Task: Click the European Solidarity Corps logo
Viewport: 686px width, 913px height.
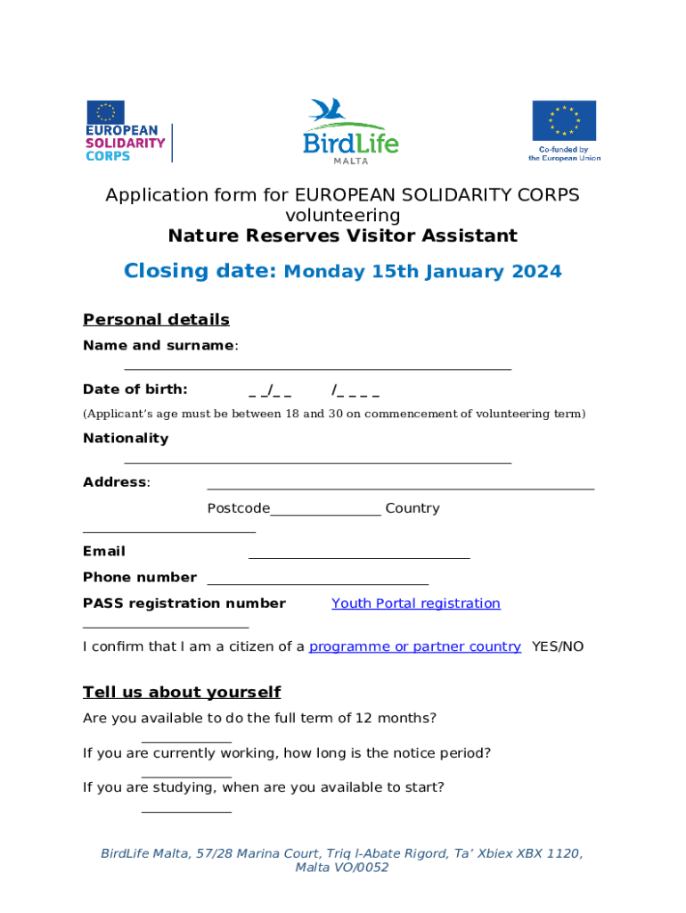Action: point(127,131)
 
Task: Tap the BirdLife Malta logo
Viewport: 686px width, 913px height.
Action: point(350,131)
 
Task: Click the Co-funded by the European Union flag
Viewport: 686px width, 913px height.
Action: point(564,130)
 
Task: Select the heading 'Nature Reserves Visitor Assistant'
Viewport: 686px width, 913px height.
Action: point(343,236)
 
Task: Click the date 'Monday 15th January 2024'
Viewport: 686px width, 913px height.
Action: point(422,272)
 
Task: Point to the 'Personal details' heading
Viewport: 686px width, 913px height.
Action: point(156,319)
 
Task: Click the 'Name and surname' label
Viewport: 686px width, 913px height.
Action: point(159,345)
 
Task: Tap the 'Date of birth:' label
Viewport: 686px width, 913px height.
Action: point(135,389)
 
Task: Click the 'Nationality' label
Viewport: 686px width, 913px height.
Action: point(126,438)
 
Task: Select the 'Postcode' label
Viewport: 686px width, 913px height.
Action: point(238,508)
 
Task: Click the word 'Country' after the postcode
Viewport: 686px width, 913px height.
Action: point(412,508)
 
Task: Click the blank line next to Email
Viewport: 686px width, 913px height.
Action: point(358,557)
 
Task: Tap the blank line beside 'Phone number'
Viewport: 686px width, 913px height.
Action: point(317,583)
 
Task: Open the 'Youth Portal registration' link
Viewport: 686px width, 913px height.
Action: point(416,604)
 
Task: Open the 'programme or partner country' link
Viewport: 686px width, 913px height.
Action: point(414,646)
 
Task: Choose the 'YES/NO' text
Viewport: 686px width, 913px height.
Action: point(558,646)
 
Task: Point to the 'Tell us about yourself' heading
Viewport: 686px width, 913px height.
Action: point(182,693)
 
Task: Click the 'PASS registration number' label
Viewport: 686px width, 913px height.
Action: point(184,604)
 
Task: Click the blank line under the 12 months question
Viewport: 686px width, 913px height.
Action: point(186,741)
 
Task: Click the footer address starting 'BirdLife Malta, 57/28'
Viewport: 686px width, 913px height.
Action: point(342,860)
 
